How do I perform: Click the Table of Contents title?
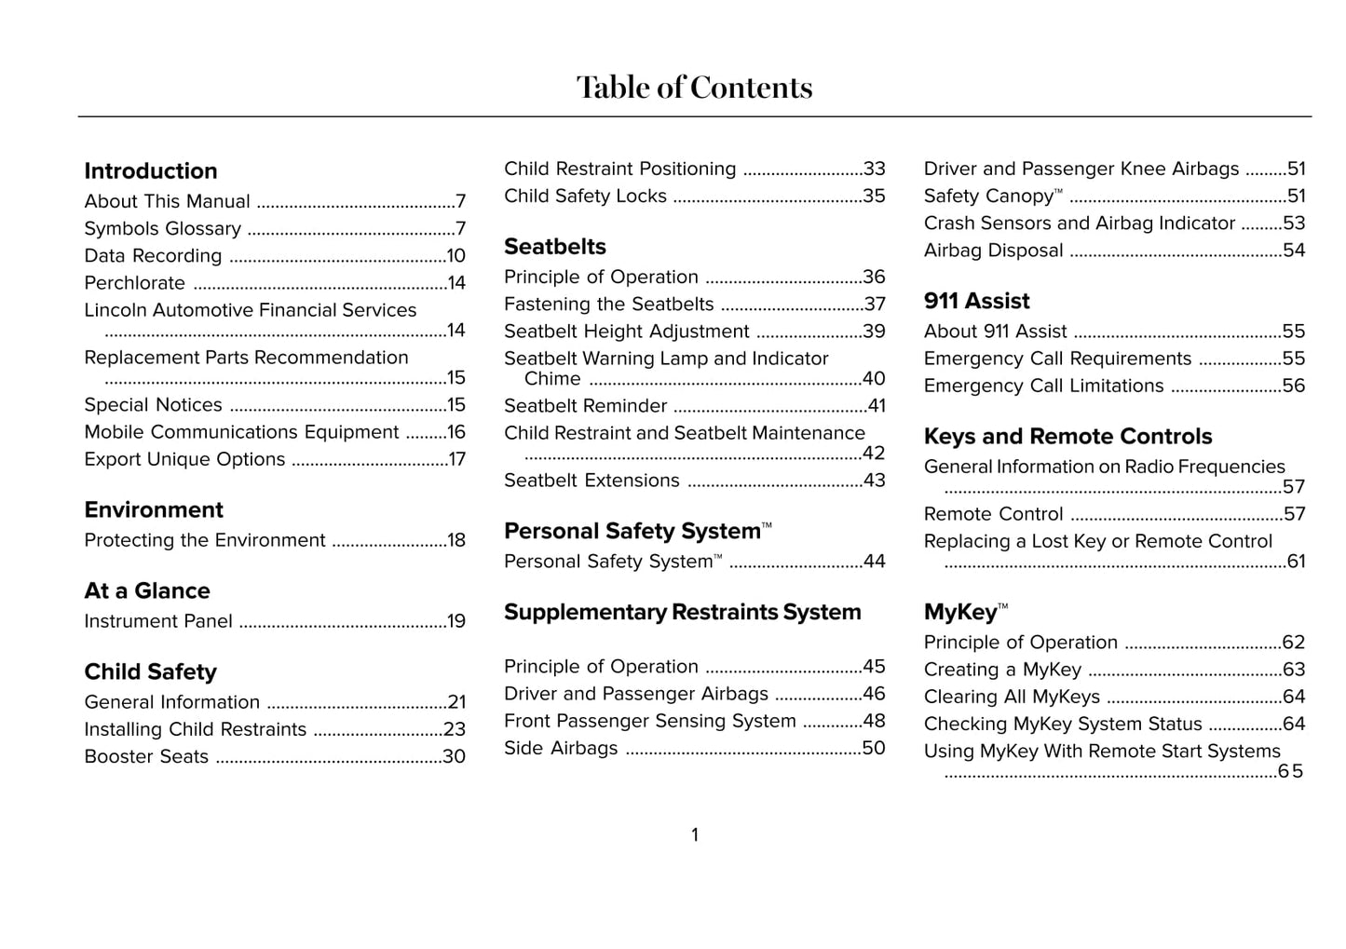point(694,88)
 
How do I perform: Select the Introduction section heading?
point(151,171)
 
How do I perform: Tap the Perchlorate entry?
point(135,283)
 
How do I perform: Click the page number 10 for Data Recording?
point(455,256)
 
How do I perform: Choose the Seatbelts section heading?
point(554,247)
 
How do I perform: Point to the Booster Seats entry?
point(146,757)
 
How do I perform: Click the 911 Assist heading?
point(976,301)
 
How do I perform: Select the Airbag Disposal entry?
point(993,251)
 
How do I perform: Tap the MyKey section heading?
point(960,612)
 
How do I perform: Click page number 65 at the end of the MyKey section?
point(1290,771)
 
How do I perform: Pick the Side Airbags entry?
point(561,749)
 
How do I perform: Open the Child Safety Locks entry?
point(585,197)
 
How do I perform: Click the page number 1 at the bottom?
point(695,835)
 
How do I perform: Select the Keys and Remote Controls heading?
point(1067,437)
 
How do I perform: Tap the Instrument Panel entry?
point(158,621)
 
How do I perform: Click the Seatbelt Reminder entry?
point(585,406)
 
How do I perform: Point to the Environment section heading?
point(154,510)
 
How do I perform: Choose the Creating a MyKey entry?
point(1002,670)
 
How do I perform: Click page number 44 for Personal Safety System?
point(874,562)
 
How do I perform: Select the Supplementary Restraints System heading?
point(682,612)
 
